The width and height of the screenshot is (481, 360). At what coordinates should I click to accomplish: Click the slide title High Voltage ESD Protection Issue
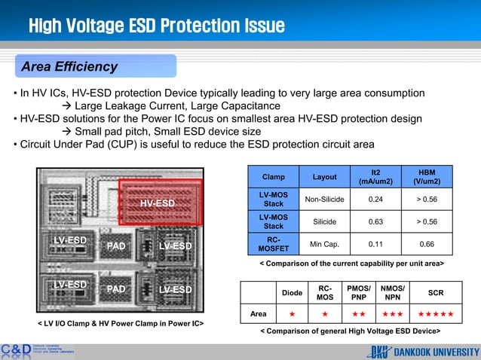(x=156, y=27)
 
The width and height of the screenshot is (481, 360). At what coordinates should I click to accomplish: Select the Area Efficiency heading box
(x=69, y=67)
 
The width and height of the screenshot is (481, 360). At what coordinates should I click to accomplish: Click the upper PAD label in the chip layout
(x=116, y=246)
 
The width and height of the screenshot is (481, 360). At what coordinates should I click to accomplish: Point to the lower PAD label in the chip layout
(x=116, y=288)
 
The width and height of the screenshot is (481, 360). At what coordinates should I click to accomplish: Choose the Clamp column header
(x=273, y=177)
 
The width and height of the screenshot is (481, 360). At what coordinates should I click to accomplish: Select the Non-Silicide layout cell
(x=324, y=200)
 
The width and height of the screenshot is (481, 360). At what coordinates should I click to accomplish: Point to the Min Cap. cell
(x=324, y=244)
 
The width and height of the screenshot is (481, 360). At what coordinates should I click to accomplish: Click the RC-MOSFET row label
(x=273, y=244)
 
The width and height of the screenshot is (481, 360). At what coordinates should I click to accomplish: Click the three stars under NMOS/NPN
(x=391, y=313)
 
